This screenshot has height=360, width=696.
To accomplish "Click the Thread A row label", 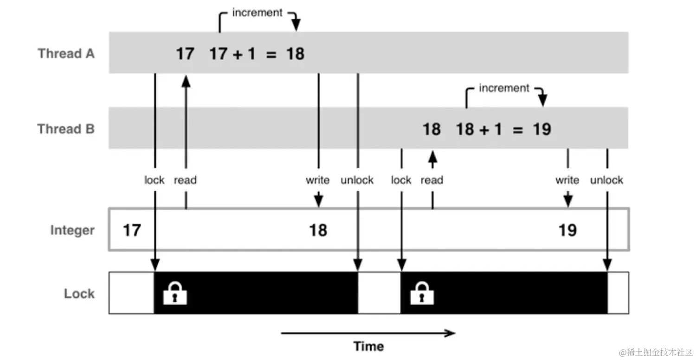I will [x=66, y=54].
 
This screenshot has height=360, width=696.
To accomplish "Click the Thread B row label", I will [x=66, y=129].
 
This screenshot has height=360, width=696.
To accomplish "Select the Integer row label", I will [x=72, y=230].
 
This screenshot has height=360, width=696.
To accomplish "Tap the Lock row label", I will [x=79, y=294].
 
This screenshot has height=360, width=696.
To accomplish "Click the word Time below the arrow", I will [x=368, y=346].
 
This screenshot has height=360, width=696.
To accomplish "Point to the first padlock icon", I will [x=175, y=293].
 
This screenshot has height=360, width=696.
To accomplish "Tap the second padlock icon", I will [x=422, y=293].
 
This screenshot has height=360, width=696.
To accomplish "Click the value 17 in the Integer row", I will [x=132, y=230].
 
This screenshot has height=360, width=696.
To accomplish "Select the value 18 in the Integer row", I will [x=318, y=230].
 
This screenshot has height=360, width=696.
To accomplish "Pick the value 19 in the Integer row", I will [x=567, y=230].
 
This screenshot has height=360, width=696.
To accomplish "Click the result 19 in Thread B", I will [x=541, y=129].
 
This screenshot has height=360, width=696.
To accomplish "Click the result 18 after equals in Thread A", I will [x=295, y=54].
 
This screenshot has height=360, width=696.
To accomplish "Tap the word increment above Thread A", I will [x=257, y=13].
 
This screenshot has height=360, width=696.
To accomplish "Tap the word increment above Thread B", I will [x=504, y=88].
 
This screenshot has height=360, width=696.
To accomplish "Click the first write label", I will [x=318, y=180].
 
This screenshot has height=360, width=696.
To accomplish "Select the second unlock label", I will [x=606, y=180].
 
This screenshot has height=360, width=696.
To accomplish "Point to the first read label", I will [x=185, y=180].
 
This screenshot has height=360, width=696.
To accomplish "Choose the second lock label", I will [x=401, y=180].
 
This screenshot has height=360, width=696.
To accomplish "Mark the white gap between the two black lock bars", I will [x=379, y=293].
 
